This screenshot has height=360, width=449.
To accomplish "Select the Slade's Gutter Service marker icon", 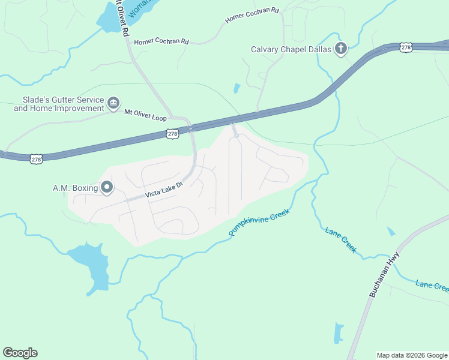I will click(x=113, y=104).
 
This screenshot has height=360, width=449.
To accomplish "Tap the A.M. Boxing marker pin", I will click(x=107, y=188).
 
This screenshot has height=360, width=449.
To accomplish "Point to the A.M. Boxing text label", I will click(x=75, y=188).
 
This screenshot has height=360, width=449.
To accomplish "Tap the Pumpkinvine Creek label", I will click(x=259, y=222).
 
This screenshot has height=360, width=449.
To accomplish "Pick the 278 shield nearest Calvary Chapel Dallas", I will click(x=406, y=47).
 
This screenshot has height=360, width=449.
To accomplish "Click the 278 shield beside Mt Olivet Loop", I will click(x=172, y=134).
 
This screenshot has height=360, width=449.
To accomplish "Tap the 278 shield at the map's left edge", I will click(x=37, y=158).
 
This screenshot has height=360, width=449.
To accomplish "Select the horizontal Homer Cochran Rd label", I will click(x=161, y=41).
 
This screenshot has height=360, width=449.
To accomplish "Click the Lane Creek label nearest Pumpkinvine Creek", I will click(x=341, y=239).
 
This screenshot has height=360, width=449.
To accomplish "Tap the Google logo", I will click(x=20, y=353).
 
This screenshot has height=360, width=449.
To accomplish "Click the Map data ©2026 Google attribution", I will click(x=412, y=355).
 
